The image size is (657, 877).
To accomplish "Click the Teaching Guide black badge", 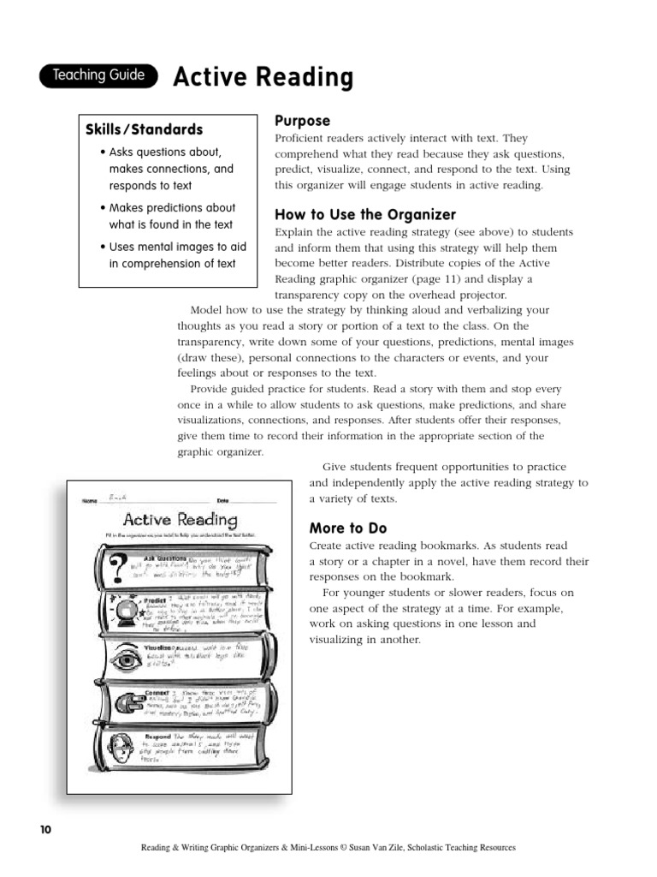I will pos(98,76).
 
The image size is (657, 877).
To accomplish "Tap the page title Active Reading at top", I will pos(263,78).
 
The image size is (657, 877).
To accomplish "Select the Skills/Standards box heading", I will pos(144,130).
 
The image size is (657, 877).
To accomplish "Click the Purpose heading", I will pos(301,121).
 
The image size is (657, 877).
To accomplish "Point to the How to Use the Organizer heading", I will pos(364,214).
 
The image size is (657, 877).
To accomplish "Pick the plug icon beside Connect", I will pos(120,703).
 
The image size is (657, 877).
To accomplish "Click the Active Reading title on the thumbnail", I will pos(180,519).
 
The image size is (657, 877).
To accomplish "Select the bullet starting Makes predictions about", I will pos(167,216).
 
